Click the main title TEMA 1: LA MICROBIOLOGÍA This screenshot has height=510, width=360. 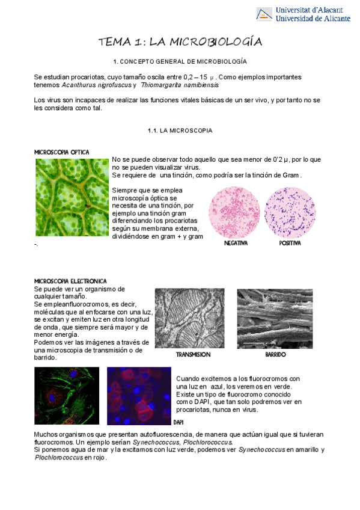(180, 41)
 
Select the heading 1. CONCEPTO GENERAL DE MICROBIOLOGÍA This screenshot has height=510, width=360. (180, 62)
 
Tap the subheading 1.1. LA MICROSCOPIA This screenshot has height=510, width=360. (180, 131)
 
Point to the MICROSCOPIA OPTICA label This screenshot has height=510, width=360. (62, 152)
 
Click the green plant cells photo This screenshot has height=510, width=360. (72, 197)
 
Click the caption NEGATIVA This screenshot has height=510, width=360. (236, 244)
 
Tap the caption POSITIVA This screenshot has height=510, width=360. (290, 244)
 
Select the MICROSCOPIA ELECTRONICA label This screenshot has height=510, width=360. (71, 281)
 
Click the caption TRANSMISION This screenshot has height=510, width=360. (193, 355)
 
